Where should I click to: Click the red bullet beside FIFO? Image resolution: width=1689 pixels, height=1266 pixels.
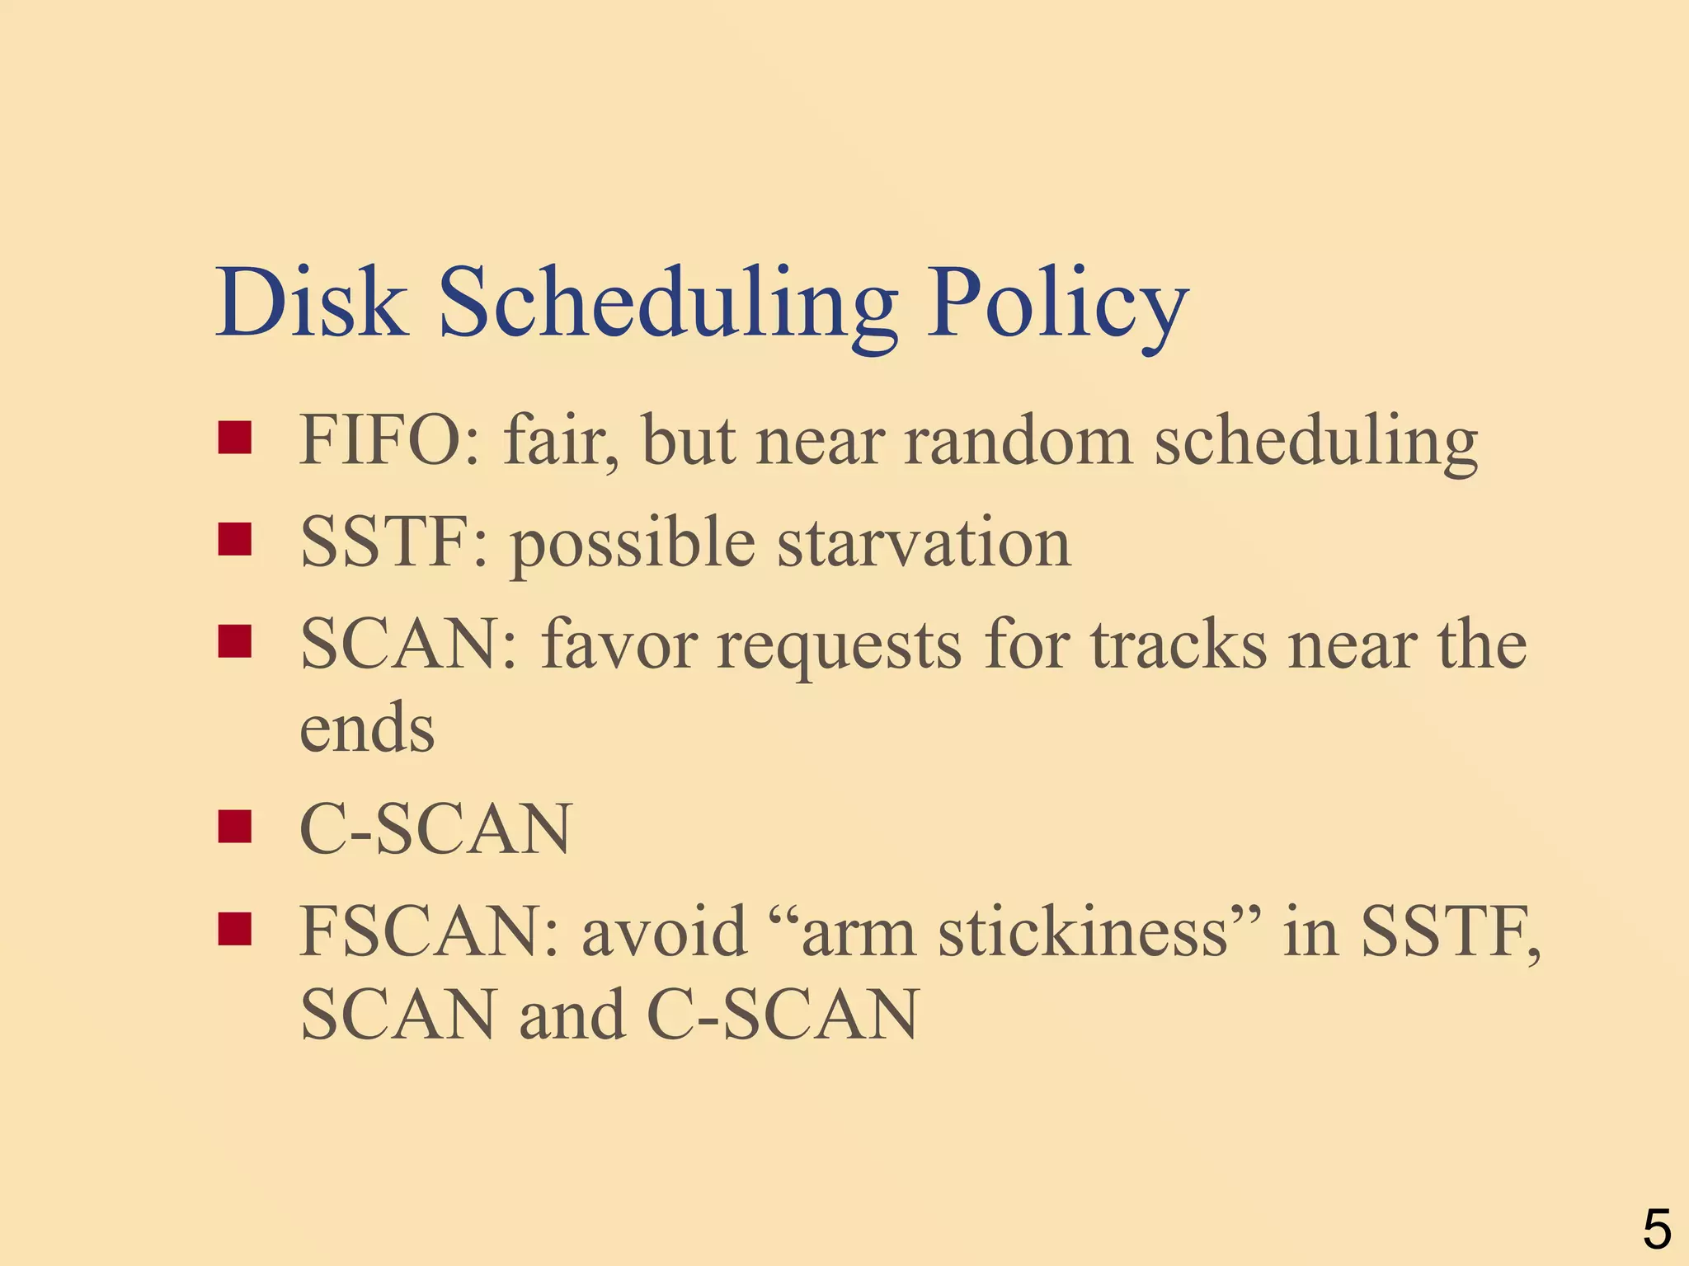234,438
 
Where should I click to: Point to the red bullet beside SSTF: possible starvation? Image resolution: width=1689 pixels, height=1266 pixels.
234,540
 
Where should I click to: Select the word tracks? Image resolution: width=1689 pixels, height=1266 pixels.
1179,644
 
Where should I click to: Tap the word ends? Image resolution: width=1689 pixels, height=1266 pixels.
367,728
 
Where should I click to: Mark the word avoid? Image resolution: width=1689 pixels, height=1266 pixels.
664,931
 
